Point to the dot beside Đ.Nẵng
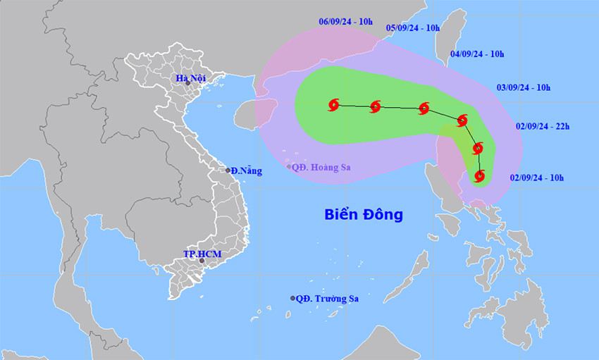228,170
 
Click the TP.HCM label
199,253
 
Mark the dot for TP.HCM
202,261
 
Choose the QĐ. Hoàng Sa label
322,167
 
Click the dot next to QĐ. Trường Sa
292,299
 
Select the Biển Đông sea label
364,214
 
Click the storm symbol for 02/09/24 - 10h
480,175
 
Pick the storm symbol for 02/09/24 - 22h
478,148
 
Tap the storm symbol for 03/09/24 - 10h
462,120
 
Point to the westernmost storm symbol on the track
334,105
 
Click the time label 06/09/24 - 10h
345,22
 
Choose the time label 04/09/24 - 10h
477,54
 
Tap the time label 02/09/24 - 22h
541,127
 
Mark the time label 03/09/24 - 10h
524,87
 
